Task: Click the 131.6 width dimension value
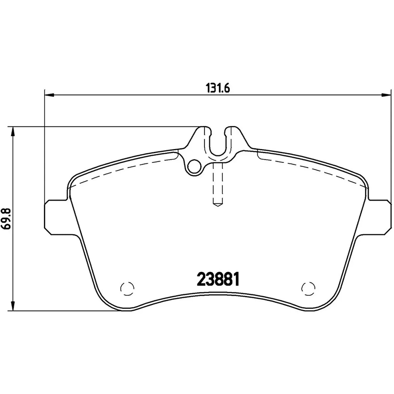pos(218,88)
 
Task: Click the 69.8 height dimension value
pos(6,219)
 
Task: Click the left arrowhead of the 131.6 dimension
pos(49,95)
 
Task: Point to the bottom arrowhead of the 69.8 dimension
pos(13,306)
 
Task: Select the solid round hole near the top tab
pos(194,167)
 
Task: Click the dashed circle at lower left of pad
pos(127,289)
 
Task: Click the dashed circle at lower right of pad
pos(308,289)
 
